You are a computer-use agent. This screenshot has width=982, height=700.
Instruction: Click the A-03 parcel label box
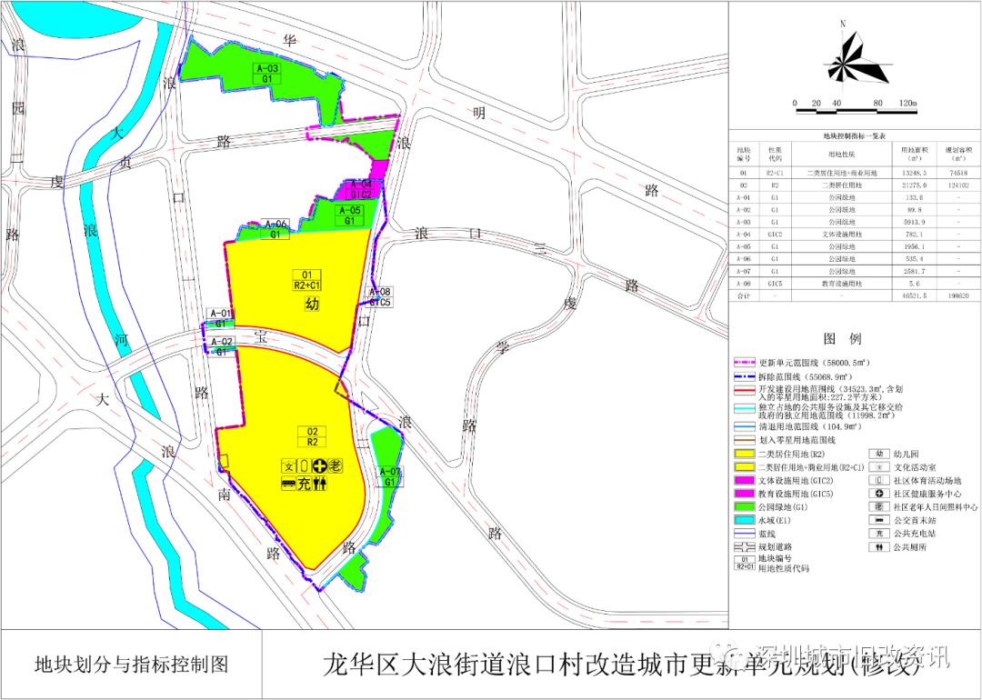(267, 74)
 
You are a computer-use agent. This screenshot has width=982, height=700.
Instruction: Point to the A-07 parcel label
(388, 476)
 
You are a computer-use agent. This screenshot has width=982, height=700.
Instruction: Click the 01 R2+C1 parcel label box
(306, 280)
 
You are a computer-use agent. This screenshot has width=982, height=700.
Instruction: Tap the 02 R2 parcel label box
(312, 436)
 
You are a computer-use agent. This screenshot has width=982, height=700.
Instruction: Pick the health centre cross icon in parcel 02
(319, 465)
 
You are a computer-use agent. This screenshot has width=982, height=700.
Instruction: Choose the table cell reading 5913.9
(912, 221)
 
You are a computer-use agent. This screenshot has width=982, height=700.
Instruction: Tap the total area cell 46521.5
(912, 295)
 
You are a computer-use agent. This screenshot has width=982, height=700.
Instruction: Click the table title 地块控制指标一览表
(854, 135)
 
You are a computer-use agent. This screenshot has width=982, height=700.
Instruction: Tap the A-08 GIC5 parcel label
(379, 297)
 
